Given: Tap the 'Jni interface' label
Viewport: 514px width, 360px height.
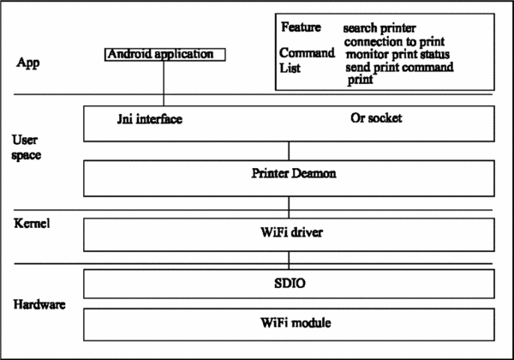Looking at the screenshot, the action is tap(150, 118).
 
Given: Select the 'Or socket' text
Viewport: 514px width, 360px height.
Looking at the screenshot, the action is tap(376, 117).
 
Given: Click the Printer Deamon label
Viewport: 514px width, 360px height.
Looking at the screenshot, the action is tap(294, 173).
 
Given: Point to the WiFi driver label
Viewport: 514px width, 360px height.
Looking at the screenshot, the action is tap(292, 232).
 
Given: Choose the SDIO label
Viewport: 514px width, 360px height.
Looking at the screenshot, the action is tap(290, 283).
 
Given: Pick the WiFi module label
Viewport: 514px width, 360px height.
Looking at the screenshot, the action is tap(296, 322).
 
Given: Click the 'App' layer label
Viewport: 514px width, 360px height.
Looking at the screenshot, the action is tap(28, 63).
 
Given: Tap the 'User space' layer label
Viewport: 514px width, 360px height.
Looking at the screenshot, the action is tap(27, 147).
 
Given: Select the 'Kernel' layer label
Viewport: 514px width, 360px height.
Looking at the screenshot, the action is tap(32, 223).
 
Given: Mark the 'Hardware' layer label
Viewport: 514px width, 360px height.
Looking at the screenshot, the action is tap(39, 304).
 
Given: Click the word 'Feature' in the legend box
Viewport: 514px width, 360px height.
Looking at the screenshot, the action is tap(301, 27).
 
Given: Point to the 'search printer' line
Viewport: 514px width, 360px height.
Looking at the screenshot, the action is tap(380, 28).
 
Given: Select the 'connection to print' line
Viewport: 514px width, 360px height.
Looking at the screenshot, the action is tap(394, 42).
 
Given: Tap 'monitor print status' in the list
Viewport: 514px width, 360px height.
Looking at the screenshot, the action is tap(397, 54).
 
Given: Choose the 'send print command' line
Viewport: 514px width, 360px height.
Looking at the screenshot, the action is tap(399, 67).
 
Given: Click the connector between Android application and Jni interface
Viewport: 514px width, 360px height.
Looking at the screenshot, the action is tap(164, 83).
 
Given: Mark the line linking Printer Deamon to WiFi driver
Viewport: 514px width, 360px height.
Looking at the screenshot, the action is tap(289, 207).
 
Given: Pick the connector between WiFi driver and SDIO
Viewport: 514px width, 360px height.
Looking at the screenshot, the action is tap(289, 261).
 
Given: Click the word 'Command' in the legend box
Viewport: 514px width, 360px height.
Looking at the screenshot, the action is tap(308, 53).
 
